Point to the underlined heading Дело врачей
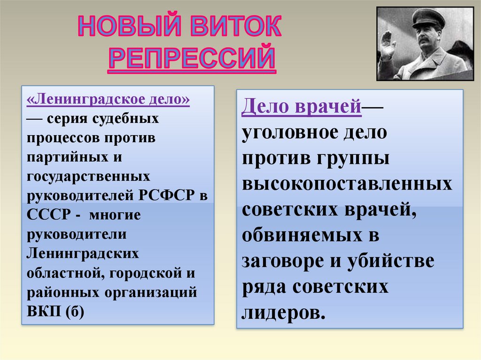pyautogui.click(x=302, y=107)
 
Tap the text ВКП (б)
pyautogui.click(x=56, y=311)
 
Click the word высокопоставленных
pyautogui.click(x=347, y=184)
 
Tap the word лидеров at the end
pyautogui.click(x=283, y=312)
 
